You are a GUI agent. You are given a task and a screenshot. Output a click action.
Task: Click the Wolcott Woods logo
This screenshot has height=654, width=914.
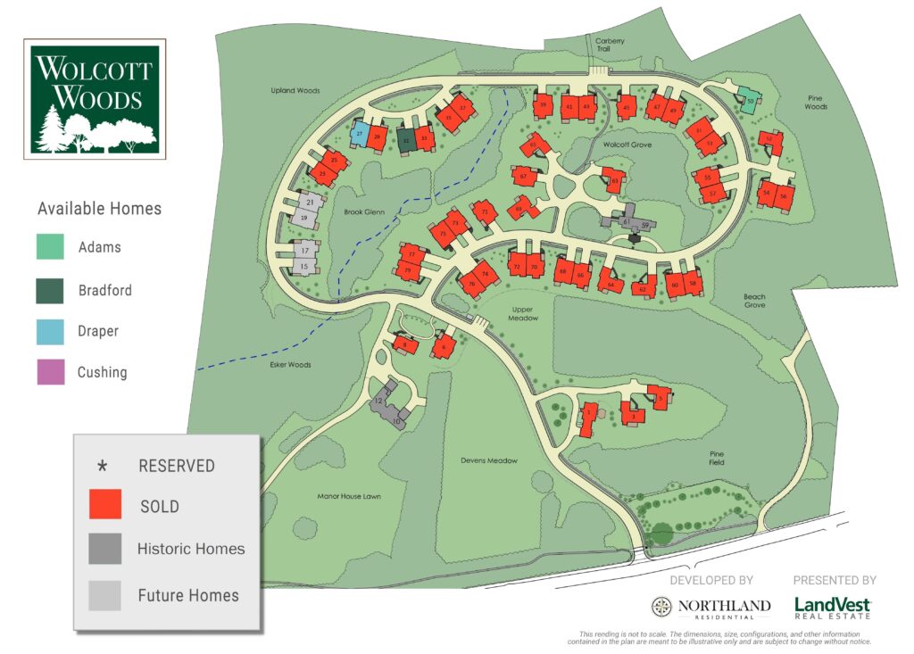pyautogui.click(x=96, y=98)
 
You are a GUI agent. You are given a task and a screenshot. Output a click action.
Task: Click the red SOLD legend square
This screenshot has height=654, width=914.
pyautogui.click(x=105, y=505)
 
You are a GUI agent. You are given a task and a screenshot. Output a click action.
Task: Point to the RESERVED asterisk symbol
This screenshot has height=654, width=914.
pyautogui.click(x=103, y=466)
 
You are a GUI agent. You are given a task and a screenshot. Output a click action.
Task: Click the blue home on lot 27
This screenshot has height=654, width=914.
pyautogui.click(x=359, y=135)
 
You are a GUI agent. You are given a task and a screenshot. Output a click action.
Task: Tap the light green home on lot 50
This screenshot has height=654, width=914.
pyautogui.click(x=750, y=100)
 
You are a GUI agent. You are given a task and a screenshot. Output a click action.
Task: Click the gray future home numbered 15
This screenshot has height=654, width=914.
pyautogui.click(x=304, y=266)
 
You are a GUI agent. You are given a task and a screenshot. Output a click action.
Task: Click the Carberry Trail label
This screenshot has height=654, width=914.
pyautogui.click(x=611, y=45)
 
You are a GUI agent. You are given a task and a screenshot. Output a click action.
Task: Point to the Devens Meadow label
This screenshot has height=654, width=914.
pyautogui.click(x=488, y=460)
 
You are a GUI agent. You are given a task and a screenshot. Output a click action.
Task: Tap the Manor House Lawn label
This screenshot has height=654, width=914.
pyautogui.click(x=349, y=496)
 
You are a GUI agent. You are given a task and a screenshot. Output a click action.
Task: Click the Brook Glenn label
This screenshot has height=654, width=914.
pyautogui.click(x=362, y=212)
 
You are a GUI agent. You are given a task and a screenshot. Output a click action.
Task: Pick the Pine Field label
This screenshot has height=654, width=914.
pyautogui.click(x=711, y=458)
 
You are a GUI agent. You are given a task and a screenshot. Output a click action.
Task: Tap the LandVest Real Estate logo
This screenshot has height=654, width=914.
pyautogui.click(x=833, y=608)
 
